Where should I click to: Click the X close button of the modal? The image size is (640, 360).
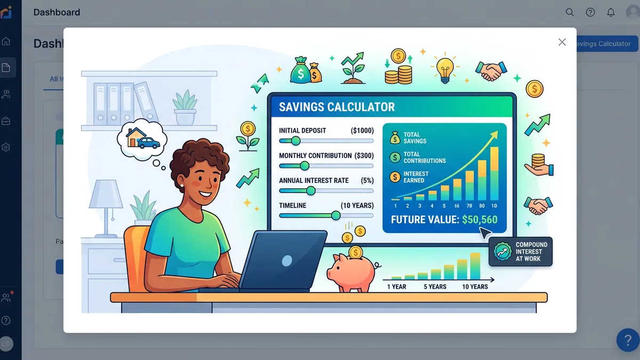point(562,42)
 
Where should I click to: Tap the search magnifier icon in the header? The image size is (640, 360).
point(570,12)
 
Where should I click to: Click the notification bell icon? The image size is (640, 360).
point(611,12)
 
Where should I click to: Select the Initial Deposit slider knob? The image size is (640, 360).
point(295,141)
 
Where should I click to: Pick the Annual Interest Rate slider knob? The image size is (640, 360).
point(310,190)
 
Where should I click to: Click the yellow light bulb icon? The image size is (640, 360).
point(445,68)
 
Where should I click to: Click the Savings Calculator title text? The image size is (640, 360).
point(337,107)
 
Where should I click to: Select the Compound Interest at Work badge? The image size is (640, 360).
point(521,252)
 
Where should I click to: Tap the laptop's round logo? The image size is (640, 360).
point(287,261)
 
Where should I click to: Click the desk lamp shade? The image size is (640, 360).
point(106,194)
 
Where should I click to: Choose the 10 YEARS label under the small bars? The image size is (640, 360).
point(475,287)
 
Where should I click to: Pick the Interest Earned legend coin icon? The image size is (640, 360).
point(395,177)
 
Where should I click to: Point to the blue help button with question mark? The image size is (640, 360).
point(628,340)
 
